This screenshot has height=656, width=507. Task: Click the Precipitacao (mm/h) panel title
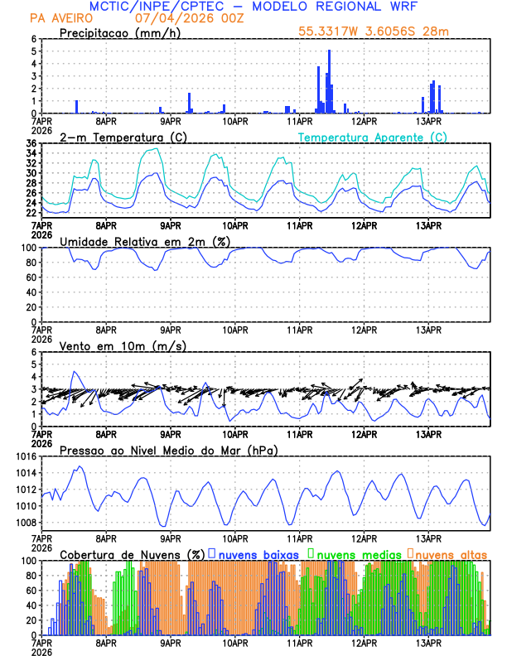point(121,33)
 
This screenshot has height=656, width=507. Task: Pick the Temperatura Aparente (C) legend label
point(372,137)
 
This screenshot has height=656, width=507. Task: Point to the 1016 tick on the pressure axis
point(23,456)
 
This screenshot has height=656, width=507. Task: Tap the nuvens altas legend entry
point(451,554)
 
